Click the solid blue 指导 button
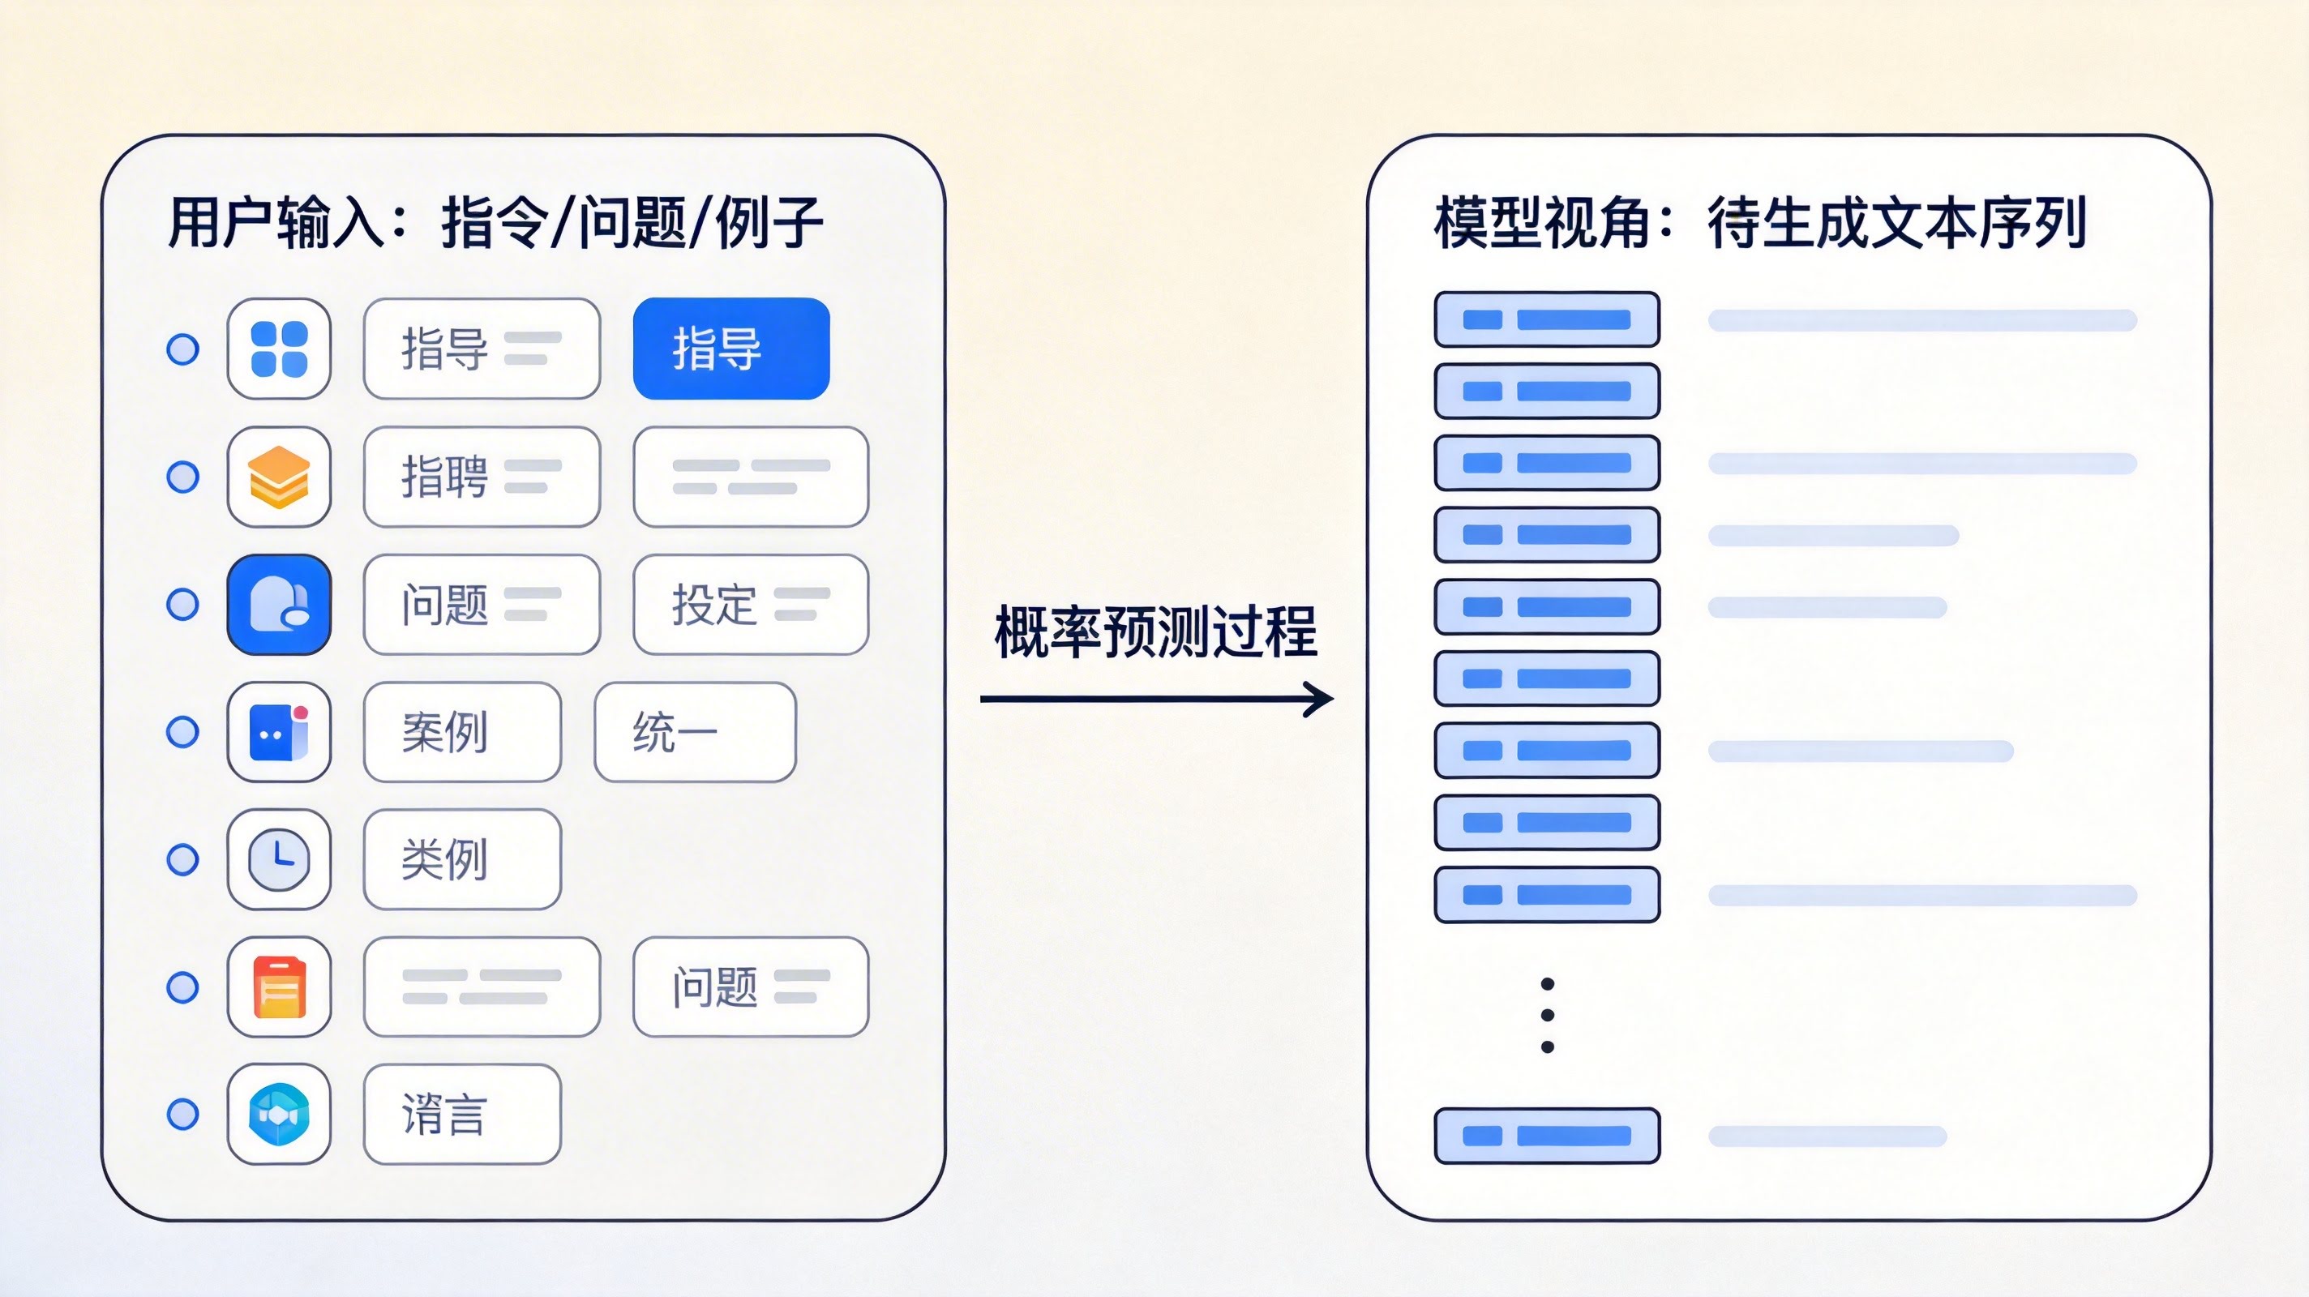coord(730,349)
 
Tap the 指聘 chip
coord(482,477)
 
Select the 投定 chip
coord(750,604)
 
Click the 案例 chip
coord(461,732)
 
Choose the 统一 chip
coord(695,732)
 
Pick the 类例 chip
coord(461,859)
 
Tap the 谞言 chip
coord(461,1114)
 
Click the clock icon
coord(279,859)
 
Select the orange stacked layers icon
coord(279,477)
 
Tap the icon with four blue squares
coord(279,349)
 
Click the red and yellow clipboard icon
coord(279,987)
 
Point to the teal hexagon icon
coord(279,1114)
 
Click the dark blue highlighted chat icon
coord(279,604)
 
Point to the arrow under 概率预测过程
coord(1155,699)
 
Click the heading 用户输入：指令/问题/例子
coord(495,222)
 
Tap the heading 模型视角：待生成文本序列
coord(1760,222)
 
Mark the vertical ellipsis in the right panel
coord(1547,1016)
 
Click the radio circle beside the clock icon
coord(183,859)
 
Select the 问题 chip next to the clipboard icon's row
coord(750,987)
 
